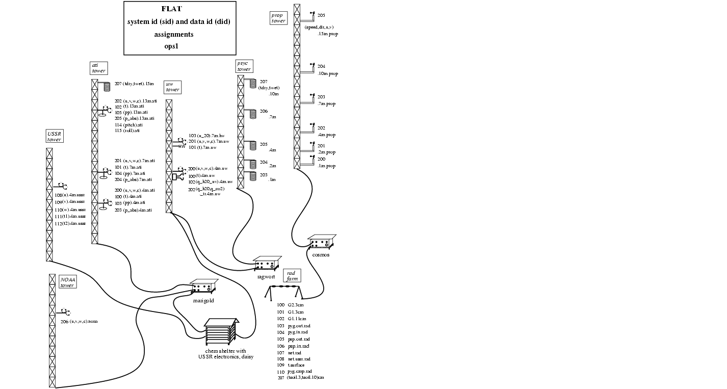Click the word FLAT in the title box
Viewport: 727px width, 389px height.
pos(171,9)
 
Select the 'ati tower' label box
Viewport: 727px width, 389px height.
pos(98,68)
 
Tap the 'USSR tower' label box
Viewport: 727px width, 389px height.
pos(54,137)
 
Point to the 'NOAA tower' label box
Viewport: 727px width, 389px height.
pos(67,282)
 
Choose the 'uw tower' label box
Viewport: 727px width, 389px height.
pos(173,87)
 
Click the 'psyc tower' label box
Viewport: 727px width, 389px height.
pos(244,66)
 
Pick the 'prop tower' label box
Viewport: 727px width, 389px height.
pos(278,18)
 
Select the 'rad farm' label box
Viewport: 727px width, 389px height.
pos(291,276)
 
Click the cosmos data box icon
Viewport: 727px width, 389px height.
pos(321,241)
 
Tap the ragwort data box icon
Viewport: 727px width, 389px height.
pos(267,263)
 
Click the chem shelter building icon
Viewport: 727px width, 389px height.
pos(221,332)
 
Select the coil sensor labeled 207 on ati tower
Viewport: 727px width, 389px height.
pos(107,87)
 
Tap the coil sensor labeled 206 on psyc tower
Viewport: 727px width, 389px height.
pos(253,114)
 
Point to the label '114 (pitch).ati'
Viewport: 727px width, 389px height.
pos(128,124)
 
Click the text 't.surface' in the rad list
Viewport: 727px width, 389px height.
pos(296,365)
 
